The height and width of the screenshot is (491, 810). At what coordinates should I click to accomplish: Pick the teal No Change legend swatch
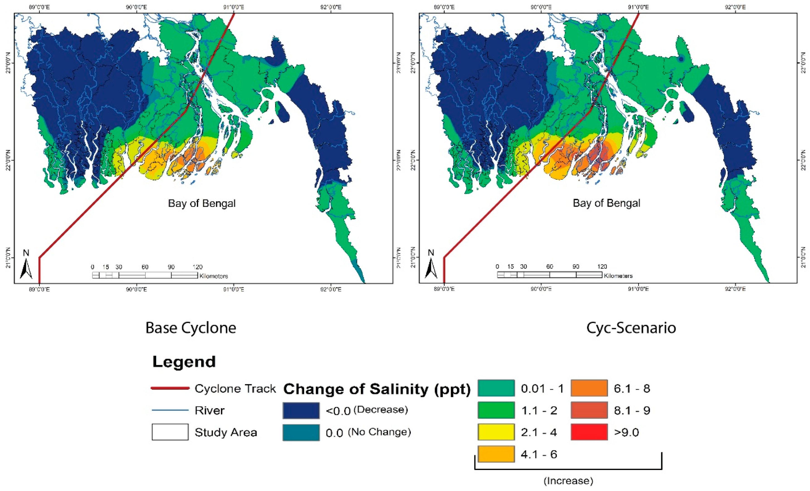(301, 432)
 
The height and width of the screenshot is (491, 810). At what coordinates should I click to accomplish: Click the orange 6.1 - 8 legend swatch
(589, 388)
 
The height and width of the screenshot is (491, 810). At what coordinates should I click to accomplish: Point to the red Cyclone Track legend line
(170, 388)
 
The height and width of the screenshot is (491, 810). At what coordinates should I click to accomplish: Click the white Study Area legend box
(170, 432)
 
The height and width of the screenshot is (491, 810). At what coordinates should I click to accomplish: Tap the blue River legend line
(170, 410)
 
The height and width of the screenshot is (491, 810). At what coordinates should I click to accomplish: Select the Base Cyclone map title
(191, 328)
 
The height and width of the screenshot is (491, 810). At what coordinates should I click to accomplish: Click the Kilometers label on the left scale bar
(213, 276)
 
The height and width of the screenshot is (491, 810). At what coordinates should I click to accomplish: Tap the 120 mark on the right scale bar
(602, 266)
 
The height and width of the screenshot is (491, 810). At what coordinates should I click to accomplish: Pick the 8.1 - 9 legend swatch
(589, 410)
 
